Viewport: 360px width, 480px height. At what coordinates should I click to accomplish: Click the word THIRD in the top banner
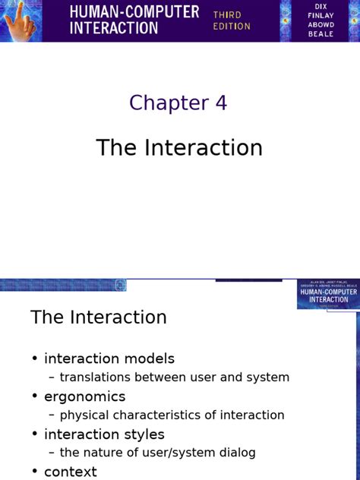(x=228, y=14)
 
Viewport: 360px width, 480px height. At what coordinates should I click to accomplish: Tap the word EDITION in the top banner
(x=232, y=27)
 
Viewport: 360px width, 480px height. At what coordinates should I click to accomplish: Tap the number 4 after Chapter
(x=220, y=103)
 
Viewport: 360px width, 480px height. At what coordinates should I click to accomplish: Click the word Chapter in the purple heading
(x=169, y=103)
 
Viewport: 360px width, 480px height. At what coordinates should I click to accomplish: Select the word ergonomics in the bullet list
(x=85, y=396)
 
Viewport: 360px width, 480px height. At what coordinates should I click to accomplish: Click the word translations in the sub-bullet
(x=97, y=377)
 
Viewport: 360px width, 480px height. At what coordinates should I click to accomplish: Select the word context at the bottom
(x=71, y=472)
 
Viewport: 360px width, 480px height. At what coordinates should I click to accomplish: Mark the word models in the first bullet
(x=149, y=358)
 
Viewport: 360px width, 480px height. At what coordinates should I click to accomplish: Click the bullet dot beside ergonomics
(x=35, y=396)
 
